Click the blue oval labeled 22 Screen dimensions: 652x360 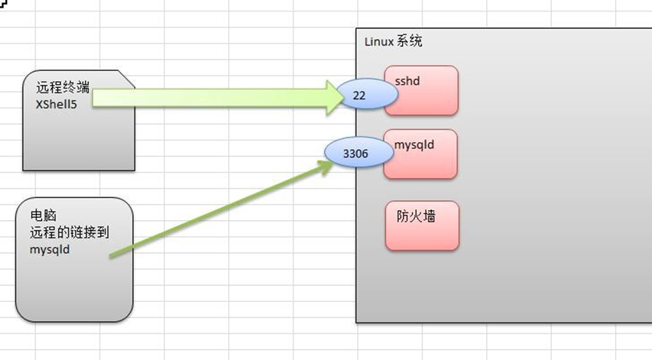click(x=367, y=94)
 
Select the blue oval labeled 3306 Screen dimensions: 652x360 click(x=358, y=152)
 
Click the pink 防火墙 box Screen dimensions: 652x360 click(x=422, y=225)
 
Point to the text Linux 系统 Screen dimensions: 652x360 click(x=394, y=41)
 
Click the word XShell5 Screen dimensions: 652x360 click(x=56, y=104)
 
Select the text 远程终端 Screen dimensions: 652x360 click(x=63, y=87)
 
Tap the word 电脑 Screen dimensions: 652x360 click(x=43, y=216)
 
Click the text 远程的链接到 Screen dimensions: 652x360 click(x=70, y=232)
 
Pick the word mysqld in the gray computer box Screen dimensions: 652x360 click(x=50, y=250)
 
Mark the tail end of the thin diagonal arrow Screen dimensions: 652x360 click(x=111, y=256)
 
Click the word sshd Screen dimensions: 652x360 click(x=407, y=81)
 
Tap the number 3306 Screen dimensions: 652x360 click(x=355, y=154)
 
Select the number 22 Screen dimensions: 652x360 click(x=359, y=96)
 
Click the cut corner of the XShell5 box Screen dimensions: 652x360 click(x=126, y=79)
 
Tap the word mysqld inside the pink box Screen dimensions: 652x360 click(x=414, y=145)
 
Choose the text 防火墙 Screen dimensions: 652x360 click(x=416, y=216)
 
